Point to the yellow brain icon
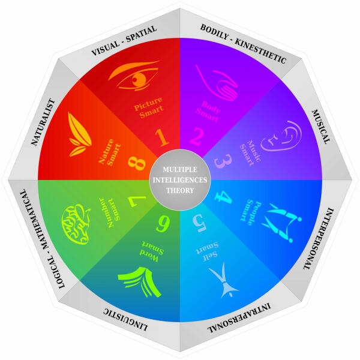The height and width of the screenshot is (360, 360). coord(76,224)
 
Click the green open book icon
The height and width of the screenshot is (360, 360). coord(140,281)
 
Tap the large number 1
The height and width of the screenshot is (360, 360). coord(162,137)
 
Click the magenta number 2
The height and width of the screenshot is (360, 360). coord(197,136)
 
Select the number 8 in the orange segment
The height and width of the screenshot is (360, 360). coord(137,163)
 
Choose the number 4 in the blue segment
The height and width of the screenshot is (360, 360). coord(223,197)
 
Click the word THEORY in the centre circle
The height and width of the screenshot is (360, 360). coord(180,190)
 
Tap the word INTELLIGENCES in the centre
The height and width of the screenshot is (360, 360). coord(180,180)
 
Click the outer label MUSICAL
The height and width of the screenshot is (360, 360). coord(321,127)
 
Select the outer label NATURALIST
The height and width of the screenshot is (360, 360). coord(43,122)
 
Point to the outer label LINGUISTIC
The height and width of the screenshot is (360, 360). coord(125,320)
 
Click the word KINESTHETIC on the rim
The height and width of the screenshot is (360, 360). coord(260,51)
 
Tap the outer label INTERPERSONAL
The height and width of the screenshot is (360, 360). coord(319,239)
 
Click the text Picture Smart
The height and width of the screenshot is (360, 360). coord(149,107)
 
